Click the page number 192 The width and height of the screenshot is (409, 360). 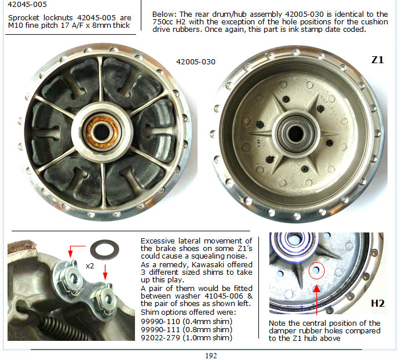[211, 355]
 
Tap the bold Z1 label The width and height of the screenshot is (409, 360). [378, 60]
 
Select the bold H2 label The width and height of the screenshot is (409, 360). [378, 303]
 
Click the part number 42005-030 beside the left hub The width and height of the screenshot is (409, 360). [196, 62]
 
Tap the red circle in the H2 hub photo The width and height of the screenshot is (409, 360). [316, 271]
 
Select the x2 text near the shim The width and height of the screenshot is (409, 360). [90, 266]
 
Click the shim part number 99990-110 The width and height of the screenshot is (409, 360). [160, 321]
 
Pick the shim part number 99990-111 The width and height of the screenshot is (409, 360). [160, 329]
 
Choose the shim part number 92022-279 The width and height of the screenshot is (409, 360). [160, 337]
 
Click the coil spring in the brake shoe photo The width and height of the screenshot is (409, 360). [65, 329]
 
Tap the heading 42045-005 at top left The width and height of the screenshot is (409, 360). [27, 5]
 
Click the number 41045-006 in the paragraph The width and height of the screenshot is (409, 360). [224, 296]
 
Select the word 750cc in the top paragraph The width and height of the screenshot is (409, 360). [161, 21]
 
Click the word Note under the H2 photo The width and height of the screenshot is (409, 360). [277, 323]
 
